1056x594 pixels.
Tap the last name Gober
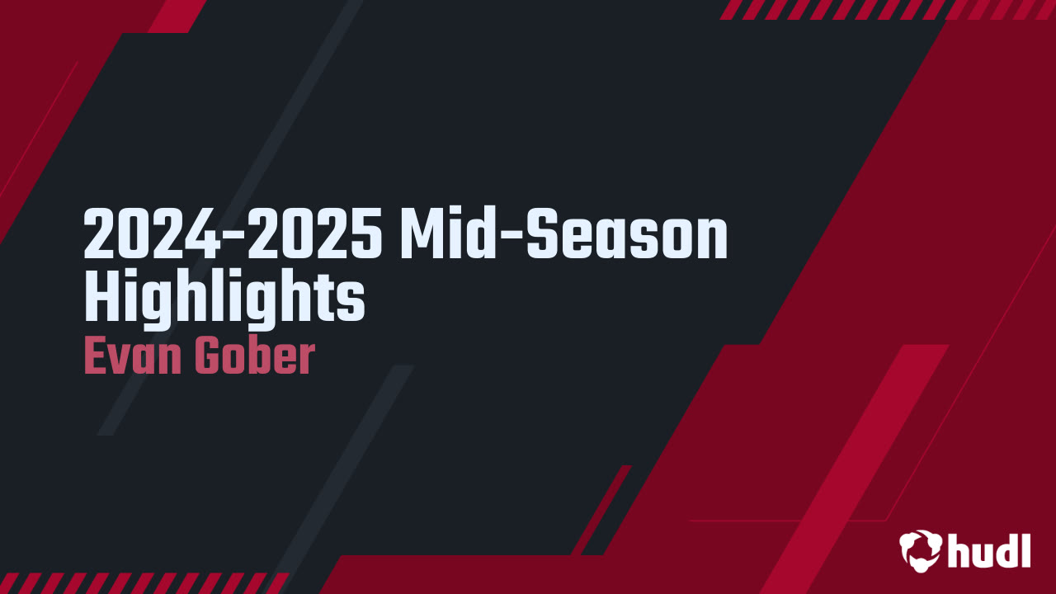click(x=254, y=356)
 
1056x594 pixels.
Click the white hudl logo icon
click(x=920, y=549)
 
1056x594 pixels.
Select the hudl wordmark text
click(x=988, y=549)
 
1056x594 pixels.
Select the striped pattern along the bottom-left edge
click(x=140, y=582)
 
